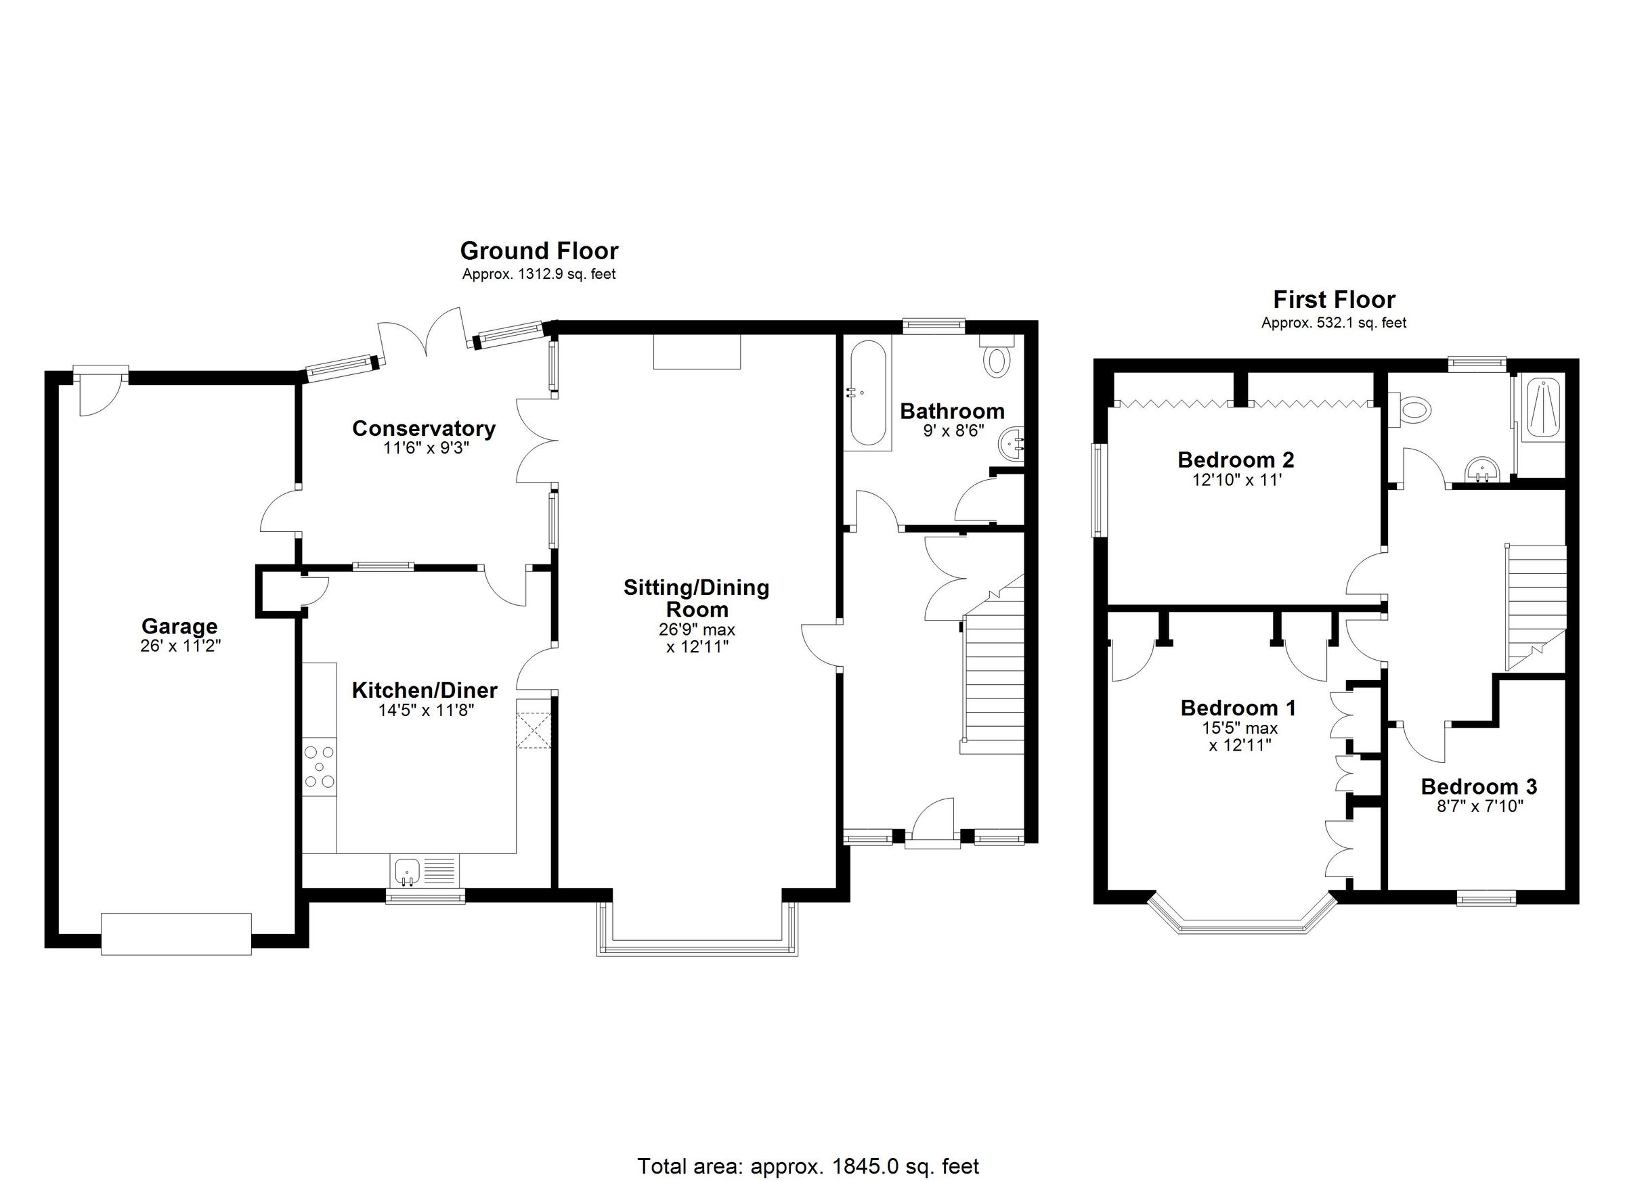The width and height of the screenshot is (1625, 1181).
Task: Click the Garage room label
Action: point(179,626)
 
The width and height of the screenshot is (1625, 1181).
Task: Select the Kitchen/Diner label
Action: point(424,690)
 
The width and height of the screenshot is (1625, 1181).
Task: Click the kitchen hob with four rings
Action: point(320,767)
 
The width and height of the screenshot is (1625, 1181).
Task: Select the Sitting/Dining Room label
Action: point(696,598)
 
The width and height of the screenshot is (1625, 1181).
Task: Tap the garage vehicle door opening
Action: point(176,933)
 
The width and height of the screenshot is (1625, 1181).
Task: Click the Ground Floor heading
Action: point(539,250)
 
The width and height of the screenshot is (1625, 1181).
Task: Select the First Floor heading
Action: point(1333,299)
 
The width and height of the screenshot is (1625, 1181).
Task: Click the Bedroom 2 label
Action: point(1235,459)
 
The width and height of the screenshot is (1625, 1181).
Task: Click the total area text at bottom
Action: point(808,1166)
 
